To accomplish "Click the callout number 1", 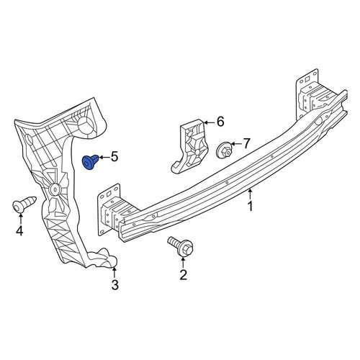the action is (250, 207).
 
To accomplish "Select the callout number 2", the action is (183, 275).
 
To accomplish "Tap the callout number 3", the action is (115, 285).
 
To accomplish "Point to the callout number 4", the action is (19, 231).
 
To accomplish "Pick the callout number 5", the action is (114, 157).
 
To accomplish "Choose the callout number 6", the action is (220, 122).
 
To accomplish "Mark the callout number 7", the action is (247, 143).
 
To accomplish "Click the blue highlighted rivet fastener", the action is (90, 162).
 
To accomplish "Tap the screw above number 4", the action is (24, 204).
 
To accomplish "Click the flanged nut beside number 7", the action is (225, 150).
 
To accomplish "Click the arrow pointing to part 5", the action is (104, 158).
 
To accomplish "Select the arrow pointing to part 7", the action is (236, 144).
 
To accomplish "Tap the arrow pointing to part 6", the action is (210, 122).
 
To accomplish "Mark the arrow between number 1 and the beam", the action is (250, 194).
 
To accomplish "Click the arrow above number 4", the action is (20, 218).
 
